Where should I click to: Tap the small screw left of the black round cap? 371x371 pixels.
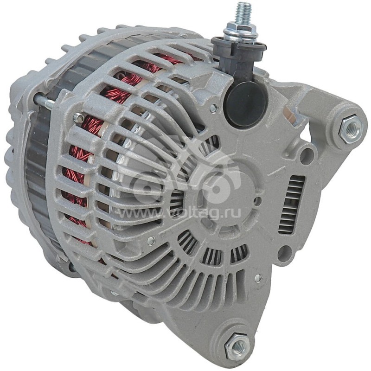(x=213, y=108)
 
